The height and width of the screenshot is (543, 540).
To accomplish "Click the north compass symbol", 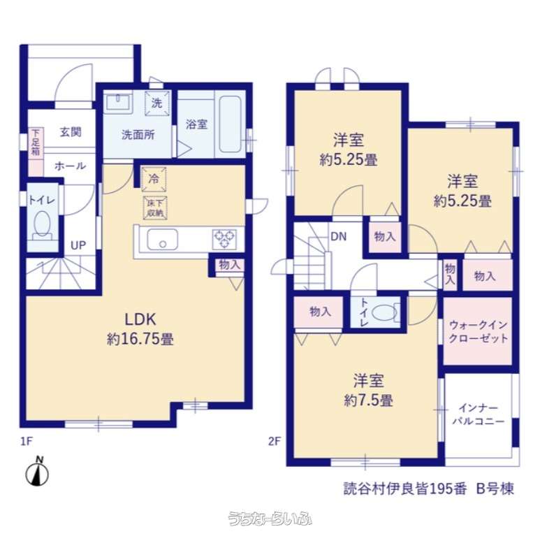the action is [37, 472].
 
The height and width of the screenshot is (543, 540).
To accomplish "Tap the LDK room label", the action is [140, 319].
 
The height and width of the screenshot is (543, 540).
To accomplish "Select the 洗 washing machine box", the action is [157, 103].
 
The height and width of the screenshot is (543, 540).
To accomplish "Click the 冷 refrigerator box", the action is [154, 179].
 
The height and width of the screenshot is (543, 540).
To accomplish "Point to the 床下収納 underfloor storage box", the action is [155, 208].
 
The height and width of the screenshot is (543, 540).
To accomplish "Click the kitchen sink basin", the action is [163, 240].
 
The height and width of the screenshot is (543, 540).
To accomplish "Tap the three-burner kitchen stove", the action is [224, 239].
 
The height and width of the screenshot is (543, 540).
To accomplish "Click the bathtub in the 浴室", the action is [230, 124].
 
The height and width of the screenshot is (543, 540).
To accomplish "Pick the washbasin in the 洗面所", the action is [118, 103].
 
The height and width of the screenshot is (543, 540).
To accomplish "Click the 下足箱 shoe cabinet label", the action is [36, 142].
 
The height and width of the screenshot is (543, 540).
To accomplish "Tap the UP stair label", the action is [78, 245].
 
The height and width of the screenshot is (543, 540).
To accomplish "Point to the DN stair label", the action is [339, 236].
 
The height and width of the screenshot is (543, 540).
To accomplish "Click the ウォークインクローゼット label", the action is [479, 331].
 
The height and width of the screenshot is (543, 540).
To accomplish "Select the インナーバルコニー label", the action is [478, 414].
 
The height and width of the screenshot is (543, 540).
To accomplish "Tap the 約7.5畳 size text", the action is [368, 400].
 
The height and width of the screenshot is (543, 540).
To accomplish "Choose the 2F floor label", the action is [274, 441].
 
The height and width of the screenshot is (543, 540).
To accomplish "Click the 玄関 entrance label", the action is [71, 132].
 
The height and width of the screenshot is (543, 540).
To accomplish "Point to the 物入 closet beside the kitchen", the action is [229, 265].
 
